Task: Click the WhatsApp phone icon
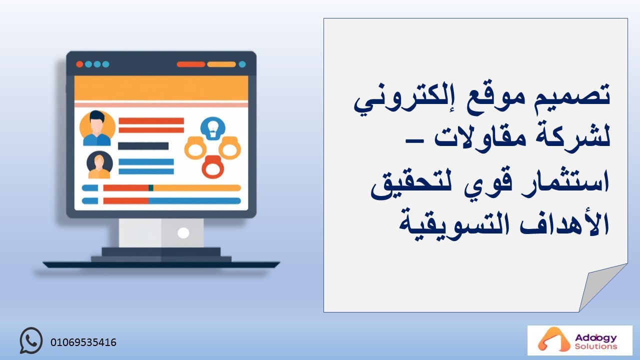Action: pyautogui.click(x=31, y=340)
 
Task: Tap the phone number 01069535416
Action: pyautogui.click(x=83, y=342)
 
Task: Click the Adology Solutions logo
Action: pyautogui.click(x=579, y=340)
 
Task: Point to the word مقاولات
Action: pyautogui.click(x=480, y=137)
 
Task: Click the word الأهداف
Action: pyautogui.click(x=564, y=222)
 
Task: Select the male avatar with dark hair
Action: pyautogui.click(x=97, y=128)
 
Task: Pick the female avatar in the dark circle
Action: pyautogui.click(x=99, y=165)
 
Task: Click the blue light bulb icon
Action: pyautogui.click(x=213, y=128)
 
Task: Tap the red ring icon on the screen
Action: pyautogui.click(x=213, y=167)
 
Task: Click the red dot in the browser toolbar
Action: pyautogui.click(x=79, y=64)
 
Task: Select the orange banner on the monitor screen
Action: pyautogui.click(x=161, y=88)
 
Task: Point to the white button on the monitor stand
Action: pyautogui.click(x=183, y=233)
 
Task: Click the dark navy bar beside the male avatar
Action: pyautogui.click(x=143, y=146)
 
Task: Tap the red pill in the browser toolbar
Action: pyautogui.click(x=191, y=64)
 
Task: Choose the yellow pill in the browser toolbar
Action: pyautogui.click(x=221, y=64)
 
